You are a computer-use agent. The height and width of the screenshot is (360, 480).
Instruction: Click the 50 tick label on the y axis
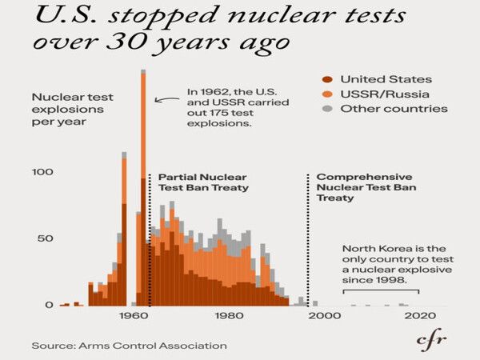46,238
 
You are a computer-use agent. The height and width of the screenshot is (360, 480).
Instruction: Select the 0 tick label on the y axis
50,306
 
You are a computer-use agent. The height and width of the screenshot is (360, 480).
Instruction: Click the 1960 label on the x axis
130,317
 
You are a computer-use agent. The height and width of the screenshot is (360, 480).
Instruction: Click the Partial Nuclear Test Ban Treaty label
202,182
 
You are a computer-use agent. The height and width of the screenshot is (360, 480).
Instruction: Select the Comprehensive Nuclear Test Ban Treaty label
366,187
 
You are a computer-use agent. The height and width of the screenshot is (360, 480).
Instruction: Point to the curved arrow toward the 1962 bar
166,100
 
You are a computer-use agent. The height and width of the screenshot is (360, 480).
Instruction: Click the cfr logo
433,340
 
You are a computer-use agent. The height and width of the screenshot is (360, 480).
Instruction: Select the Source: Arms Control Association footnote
129,346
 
